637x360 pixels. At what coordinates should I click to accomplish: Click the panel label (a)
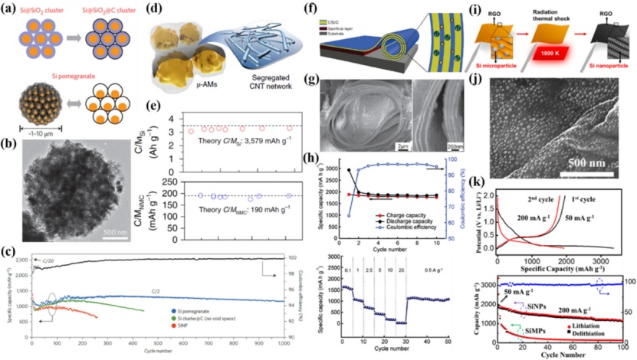point(11,9)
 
